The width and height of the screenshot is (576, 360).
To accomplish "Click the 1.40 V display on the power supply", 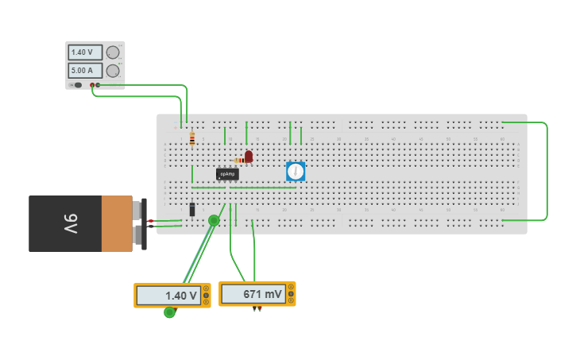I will coord(84,52).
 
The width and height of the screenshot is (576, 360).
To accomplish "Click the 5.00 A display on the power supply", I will coord(84,70).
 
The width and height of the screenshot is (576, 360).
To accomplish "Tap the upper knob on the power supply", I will coord(113,52).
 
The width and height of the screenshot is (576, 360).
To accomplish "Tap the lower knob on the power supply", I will coord(113,71).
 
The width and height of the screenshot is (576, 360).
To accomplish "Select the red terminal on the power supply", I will coord(92,85).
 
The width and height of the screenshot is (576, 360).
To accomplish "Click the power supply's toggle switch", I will coord(77,85).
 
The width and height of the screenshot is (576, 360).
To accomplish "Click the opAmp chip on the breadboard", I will coord(227,174).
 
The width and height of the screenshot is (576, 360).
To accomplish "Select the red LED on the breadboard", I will coord(249,157).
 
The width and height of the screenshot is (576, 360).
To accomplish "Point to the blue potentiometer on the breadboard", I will coord(296,171).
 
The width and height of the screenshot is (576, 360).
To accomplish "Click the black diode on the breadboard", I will coord(192,210).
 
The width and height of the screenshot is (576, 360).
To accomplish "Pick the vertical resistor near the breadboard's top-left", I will coord(192,139).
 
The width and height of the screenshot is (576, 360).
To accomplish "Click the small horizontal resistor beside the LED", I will coord(239,161).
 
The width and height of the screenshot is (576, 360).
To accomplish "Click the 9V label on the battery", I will coord(70,224).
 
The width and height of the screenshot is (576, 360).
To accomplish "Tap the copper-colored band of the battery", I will coord(117,223).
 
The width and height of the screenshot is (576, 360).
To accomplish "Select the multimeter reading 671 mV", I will coord(257,294).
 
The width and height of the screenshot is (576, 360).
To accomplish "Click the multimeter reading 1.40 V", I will coord(172,296).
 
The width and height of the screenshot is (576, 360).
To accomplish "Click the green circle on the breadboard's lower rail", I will coord(214,220).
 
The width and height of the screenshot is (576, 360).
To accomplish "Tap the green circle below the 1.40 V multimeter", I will coord(169,312).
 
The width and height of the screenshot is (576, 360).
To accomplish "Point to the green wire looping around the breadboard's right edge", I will coord(547,171).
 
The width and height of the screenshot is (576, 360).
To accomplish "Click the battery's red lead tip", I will coord(151,220).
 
